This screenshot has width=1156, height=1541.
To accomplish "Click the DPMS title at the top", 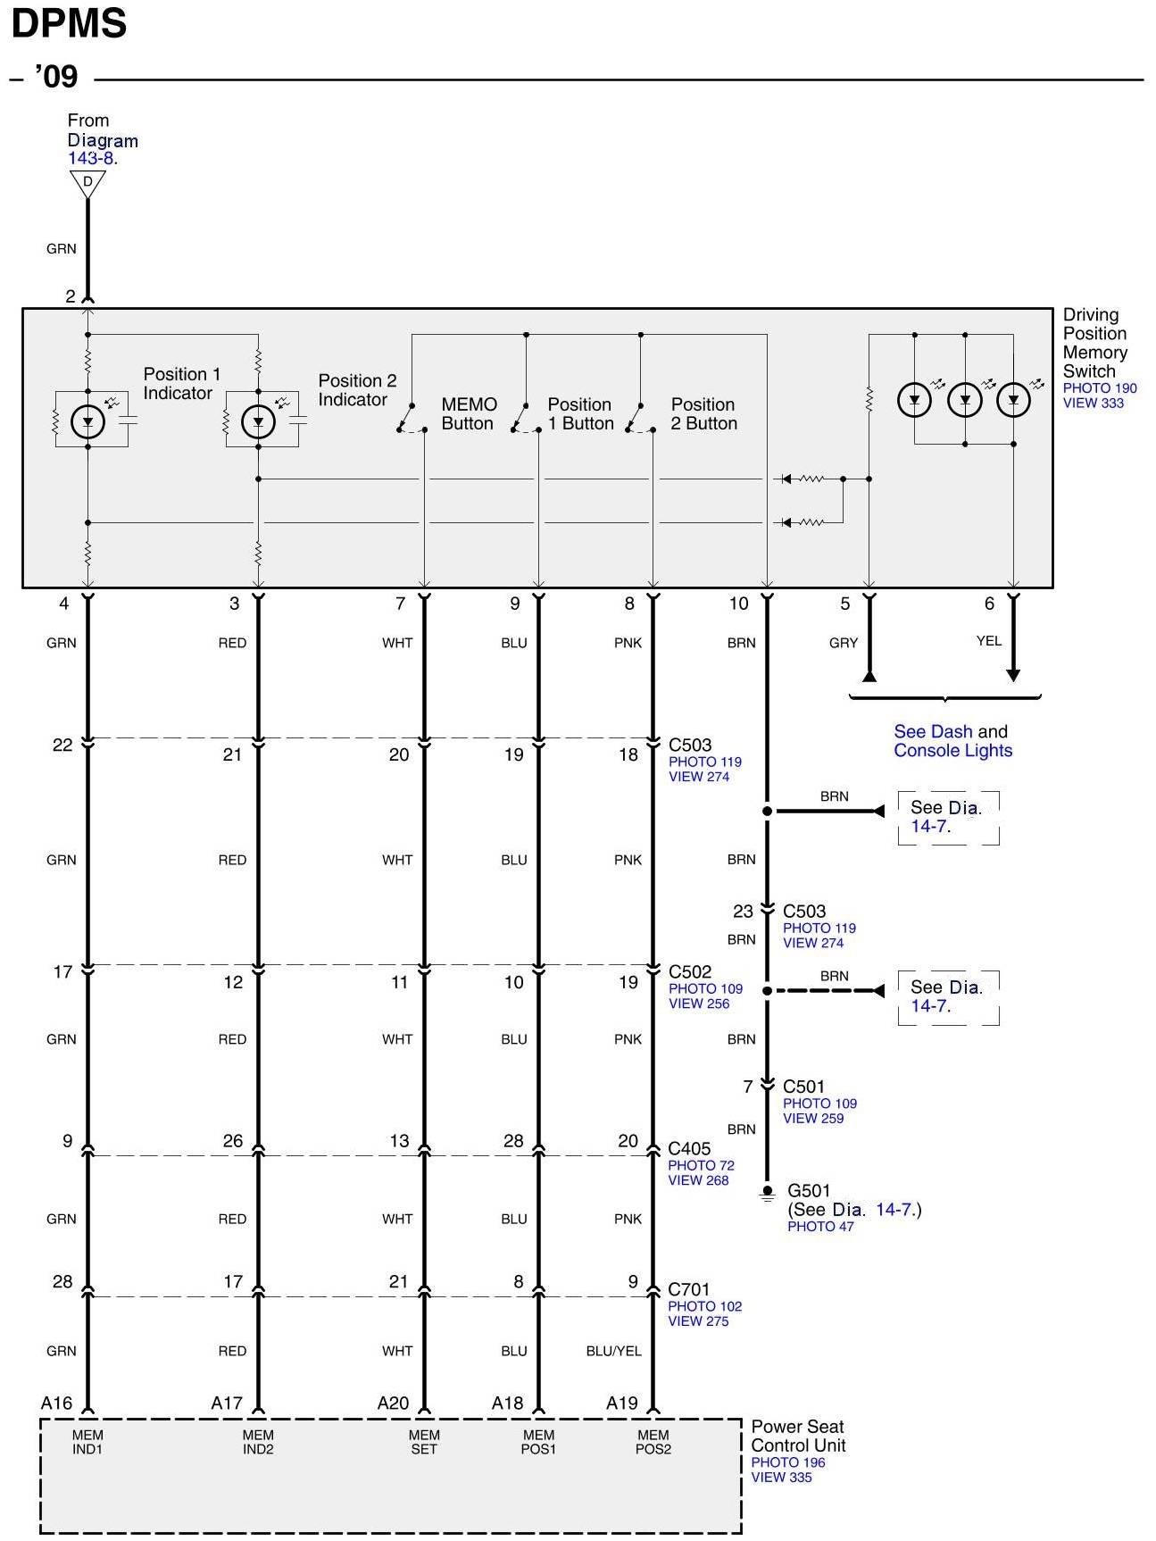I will [x=69, y=24].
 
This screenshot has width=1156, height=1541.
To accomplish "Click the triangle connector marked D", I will [x=87, y=182].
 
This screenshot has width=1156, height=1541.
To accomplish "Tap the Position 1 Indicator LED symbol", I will [x=87, y=421].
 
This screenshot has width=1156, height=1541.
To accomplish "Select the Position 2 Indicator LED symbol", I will [x=258, y=421].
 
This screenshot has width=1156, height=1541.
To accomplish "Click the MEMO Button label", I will [x=468, y=414].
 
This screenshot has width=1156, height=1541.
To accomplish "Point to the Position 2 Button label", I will [x=703, y=414].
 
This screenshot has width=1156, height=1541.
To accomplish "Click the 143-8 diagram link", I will [x=90, y=159].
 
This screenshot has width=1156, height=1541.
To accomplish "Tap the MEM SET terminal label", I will [x=424, y=1442].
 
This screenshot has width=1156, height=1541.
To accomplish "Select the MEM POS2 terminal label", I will [x=653, y=1442].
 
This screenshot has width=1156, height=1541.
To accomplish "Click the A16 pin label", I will [x=56, y=1403].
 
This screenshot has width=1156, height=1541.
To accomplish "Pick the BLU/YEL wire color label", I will [x=613, y=1351].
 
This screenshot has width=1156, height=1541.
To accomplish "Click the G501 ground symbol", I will [x=767, y=1193].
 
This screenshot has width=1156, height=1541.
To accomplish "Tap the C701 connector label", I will [x=689, y=1289].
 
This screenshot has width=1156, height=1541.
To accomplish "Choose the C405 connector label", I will [x=689, y=1149].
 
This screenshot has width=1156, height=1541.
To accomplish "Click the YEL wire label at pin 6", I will [x=988, y=641].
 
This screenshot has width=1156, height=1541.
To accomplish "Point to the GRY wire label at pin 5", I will [x=843, y=643].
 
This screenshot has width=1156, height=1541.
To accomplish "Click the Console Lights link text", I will [x=952, y=751].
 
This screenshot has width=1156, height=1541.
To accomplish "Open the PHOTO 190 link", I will [x=1099, y=388].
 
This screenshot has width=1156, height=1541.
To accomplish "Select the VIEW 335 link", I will [x=781, y=1477].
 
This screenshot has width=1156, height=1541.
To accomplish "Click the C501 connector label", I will [x=803, y=1087].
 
